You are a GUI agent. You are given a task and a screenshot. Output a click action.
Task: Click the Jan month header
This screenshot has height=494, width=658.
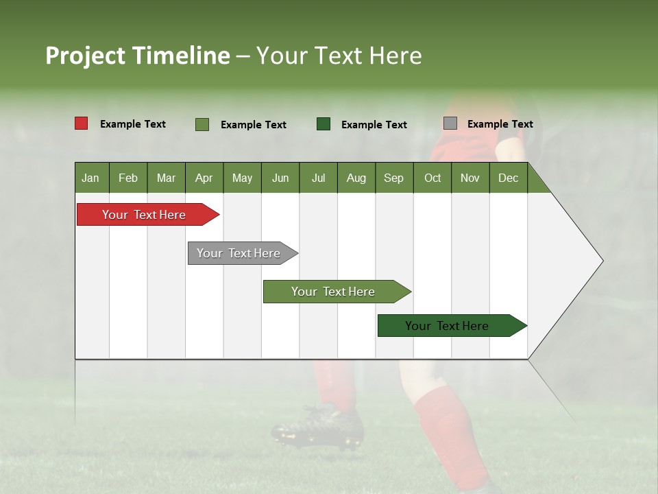point(91,178)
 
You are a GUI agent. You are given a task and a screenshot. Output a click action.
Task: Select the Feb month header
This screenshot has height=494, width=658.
point(128,178)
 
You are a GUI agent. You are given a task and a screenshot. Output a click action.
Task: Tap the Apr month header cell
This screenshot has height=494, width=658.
point(204,178)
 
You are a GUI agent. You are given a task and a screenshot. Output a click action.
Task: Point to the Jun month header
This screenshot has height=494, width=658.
point(280,178)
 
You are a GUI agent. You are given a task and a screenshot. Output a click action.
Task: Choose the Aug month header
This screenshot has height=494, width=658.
point(356,178)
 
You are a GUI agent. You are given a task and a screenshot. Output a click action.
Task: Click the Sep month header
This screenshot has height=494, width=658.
point(394,178)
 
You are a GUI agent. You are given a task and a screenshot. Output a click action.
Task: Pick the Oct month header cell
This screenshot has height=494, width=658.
point(432,178)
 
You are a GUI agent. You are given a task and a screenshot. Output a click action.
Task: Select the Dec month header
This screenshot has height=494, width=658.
point(509,178)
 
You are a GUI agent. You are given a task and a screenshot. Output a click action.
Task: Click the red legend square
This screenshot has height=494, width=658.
point(82,123)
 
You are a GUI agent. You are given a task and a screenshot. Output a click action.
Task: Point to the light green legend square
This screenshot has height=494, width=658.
point(202,124)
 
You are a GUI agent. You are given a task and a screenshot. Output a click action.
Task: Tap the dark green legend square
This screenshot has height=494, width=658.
point(324,124)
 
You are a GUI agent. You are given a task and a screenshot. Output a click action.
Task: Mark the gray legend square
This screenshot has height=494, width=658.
point(450,123)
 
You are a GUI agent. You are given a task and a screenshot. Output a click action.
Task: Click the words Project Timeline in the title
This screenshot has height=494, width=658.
point(138,56)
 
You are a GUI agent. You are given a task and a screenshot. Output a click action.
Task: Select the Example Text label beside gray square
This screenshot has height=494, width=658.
point(500,124)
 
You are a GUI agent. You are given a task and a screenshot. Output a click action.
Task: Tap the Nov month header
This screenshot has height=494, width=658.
point(470,178)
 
